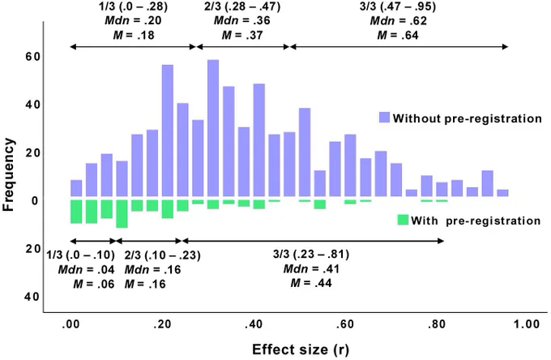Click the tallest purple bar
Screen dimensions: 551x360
tap(213, 128)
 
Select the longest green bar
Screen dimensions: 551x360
tap(122, 214)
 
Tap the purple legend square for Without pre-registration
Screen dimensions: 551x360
tap(384, 118)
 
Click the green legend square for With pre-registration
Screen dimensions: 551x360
tap(403, 220)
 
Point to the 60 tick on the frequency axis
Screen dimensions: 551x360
tap(32, 57)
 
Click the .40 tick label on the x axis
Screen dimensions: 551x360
tap(254, 324)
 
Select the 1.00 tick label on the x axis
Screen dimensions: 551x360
tap(527, 324)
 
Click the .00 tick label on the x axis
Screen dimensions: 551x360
tap(70, 324)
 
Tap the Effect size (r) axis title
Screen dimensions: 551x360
tap(301, 349)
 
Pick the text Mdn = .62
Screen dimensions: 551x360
tap(398, 21)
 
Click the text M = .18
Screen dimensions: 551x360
tap(134, 35)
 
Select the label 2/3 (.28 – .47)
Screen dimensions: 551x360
tap(242, 6)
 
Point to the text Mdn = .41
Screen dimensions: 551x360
tap(311, 269)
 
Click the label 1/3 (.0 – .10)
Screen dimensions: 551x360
tap(81, 255)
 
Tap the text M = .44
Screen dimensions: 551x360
tap(311, 283)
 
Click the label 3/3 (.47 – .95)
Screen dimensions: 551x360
tap(398, 6)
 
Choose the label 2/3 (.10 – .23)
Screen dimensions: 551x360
tap(162, 255)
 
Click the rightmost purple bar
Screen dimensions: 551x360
tap(503, 193)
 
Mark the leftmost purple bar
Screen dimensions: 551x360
tap(76, 188)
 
